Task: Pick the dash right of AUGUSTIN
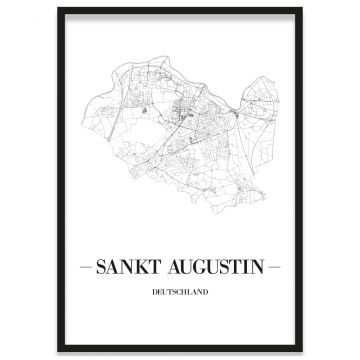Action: pos(276,268)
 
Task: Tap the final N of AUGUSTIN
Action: pos(263,268)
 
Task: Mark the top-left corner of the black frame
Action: pos(58,9)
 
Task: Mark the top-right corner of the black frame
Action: pos(302,9)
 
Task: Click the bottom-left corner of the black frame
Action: pos(58,352)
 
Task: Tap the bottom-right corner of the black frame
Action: pos(302,352)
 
